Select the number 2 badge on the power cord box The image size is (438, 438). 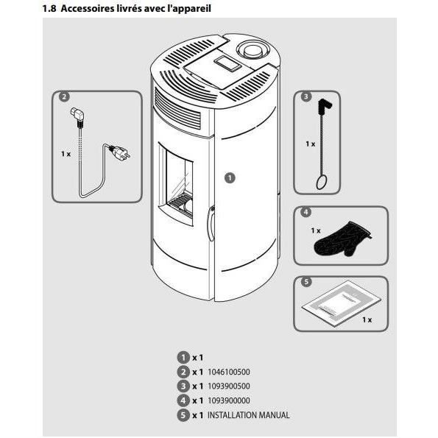click(64, 97)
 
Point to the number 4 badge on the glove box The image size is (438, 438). click(305, 213)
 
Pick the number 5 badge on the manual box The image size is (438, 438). click(305, 281)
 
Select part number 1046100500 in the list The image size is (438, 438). click(230, 372)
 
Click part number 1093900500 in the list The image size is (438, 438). click(230, 386)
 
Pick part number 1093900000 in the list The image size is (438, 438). click(230, 400)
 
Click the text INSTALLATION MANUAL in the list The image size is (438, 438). click(248, 414)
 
